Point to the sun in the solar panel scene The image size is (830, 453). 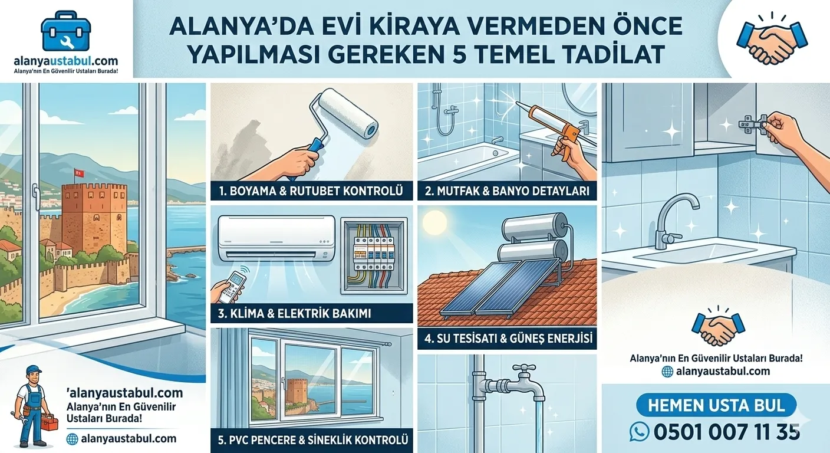point(436,224)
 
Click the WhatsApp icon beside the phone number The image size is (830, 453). point(639,432)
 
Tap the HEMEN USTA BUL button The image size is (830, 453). point(716,405)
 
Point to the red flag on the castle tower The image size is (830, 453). point(77,173)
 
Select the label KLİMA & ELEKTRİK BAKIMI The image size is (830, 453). point(294,313)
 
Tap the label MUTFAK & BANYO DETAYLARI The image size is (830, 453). point(507,191)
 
